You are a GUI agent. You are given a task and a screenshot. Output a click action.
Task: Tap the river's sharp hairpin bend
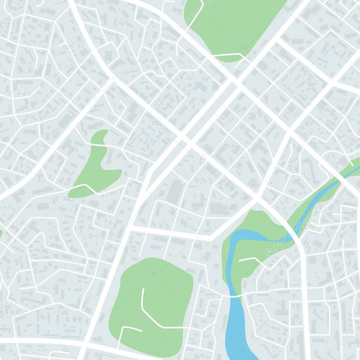[232, 243]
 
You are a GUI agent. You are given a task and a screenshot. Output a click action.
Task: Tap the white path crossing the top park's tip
[229, 55]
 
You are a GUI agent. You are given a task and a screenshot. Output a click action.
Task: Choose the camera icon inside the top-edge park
[243, 47]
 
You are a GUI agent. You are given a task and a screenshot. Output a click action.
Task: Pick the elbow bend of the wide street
[211, 238]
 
